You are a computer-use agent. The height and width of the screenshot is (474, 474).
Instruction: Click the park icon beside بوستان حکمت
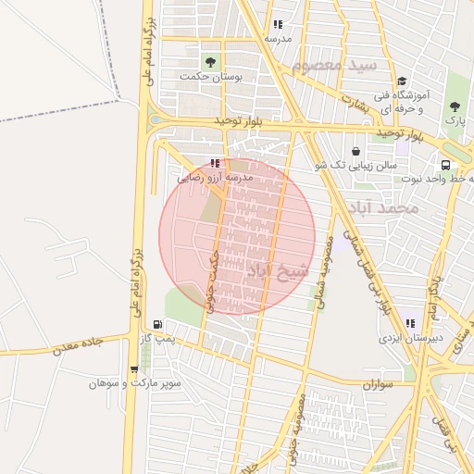click(x=210, y=63)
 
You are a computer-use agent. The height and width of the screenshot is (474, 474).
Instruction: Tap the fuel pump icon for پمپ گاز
click(x=158, y=325)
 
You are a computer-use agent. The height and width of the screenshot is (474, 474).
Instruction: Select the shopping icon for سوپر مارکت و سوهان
click(x=135, y=369)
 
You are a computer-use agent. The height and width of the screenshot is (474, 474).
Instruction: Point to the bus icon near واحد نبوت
click(x=446, y=165)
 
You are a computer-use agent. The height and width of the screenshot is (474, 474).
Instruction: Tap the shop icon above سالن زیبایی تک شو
click(x=356, y=151)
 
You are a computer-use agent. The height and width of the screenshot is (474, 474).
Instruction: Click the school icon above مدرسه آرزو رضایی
click(x=216, y=164)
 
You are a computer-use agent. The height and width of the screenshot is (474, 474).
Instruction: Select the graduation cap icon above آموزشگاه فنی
click(x=401, y=81)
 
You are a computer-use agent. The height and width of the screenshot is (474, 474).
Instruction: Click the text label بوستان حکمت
click(x=215, y=79)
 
